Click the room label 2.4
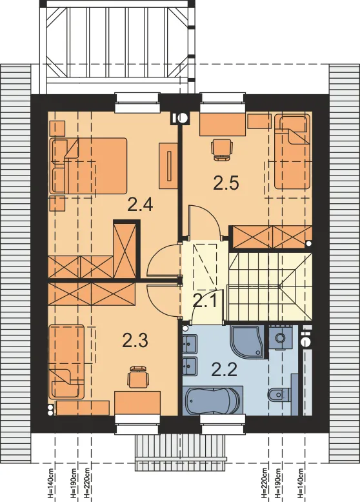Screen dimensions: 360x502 (x=140, y=205)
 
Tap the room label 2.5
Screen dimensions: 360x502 (x=226, y=183)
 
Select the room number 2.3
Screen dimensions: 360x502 (x=135, y=340)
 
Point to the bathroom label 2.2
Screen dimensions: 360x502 (x=225, y=370)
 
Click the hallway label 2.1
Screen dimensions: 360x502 (x=205, y=301)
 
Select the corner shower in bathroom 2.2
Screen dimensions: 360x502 (x=247, y=341)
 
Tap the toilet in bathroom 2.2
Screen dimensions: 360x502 (x=279, y=394)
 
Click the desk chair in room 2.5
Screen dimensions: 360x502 (x=221, y=149)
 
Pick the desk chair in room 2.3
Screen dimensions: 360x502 (x=139, y=377)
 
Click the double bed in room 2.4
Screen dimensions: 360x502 (x=88, y=166)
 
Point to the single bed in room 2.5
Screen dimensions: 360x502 (x=292, y=152)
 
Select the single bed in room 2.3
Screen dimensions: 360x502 (x=66, y=362)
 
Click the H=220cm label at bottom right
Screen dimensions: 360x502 (x=264, y=483)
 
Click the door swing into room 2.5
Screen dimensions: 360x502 (x=205, y=221)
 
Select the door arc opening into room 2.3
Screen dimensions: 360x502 (x=163, y=301)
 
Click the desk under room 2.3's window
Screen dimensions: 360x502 (x=137, y=403)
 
